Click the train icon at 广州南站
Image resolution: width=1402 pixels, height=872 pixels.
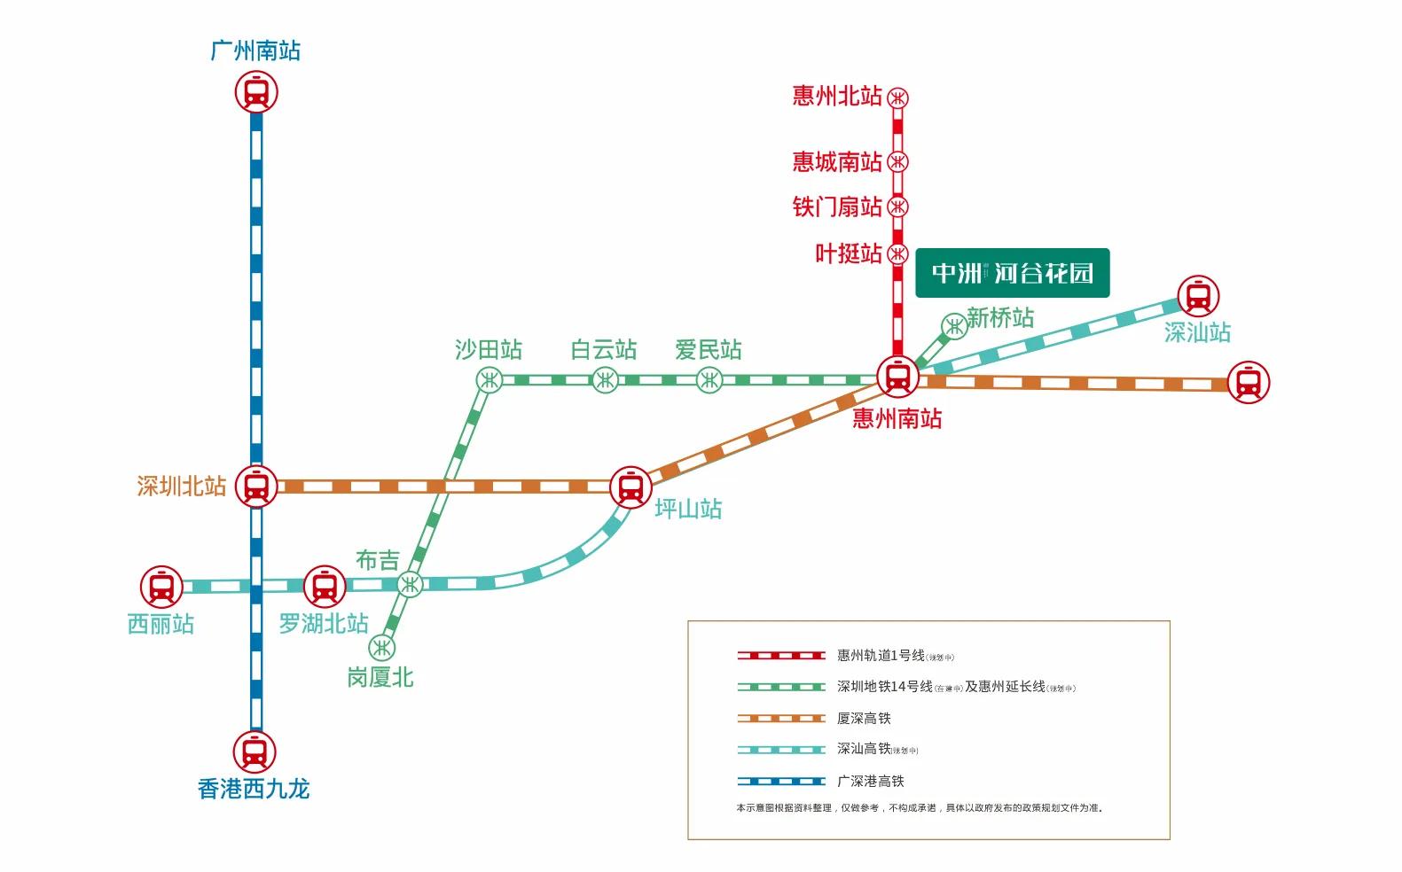(x=256, y=92)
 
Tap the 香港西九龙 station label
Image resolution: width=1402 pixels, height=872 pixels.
(x=254, y=789)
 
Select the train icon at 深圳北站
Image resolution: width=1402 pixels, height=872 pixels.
(x=256, y=487)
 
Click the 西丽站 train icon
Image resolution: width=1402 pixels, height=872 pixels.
(x=161, y=587)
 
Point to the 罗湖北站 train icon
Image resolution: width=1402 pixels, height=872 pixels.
(x=325, y=586)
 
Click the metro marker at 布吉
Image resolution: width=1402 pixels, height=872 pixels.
(x=410, y=584)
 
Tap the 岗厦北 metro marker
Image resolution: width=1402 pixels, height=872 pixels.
(x=382, y=647)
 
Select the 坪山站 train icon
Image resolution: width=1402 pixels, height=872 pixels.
(x=631, y=487)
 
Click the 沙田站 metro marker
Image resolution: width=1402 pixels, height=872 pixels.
(x=489, y=380)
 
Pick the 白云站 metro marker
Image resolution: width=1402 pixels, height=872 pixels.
(x=605, y=380)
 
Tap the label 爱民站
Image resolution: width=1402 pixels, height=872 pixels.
(x=708, y=350)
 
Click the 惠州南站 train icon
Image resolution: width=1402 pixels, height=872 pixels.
(x=897, y=377)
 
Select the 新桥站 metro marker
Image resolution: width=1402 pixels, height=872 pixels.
(x=954, y=326)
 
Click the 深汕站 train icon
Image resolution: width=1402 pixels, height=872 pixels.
(x=1198, y=296)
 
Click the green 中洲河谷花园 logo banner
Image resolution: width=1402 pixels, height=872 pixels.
(x=1012, y=273)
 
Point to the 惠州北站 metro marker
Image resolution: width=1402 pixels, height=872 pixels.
(x=898, y=97)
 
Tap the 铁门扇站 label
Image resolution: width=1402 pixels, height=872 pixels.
(x=837, y=207)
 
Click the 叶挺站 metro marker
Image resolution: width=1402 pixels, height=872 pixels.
(x=898, y=253)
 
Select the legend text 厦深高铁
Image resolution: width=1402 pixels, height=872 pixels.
(x=864, y=719)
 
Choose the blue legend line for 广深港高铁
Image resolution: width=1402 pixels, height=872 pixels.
(x=781, y=782)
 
